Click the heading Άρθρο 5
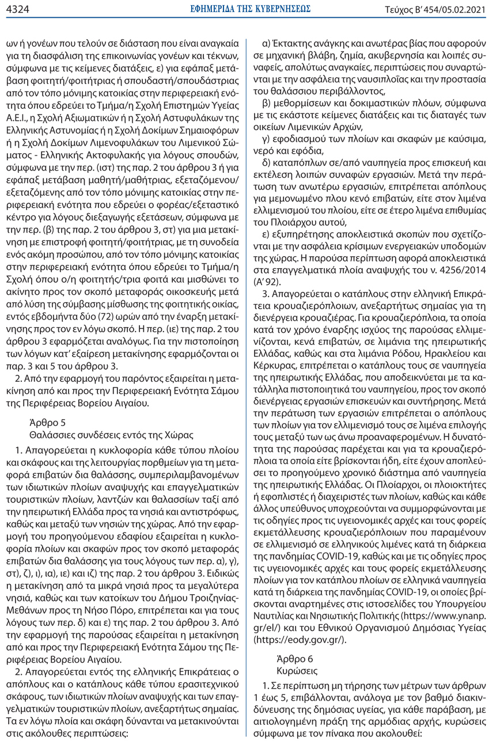46,420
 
